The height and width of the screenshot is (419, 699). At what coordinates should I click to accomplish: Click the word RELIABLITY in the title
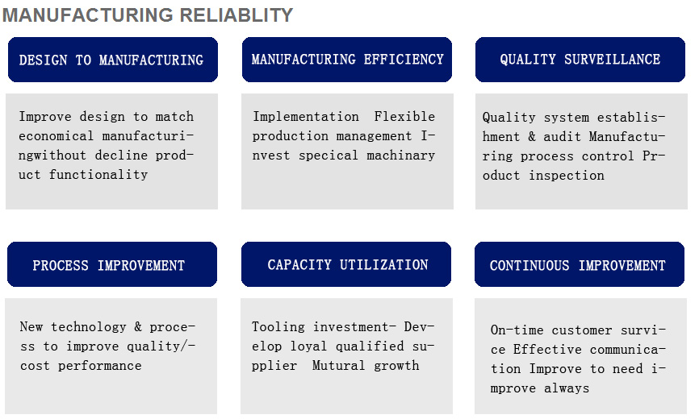coord(236,15)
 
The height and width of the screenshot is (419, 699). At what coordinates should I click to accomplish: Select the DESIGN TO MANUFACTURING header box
coord(113,60)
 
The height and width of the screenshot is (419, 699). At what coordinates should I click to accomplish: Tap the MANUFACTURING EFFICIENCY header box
coord(347,60)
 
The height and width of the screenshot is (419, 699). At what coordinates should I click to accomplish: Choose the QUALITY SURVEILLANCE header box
coord(580,60)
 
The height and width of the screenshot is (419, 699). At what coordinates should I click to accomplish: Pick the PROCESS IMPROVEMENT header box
coord(112,264)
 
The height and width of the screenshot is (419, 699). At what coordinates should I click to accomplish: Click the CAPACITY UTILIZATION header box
coord(346,264)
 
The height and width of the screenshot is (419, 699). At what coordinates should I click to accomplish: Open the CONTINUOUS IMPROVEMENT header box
coord(579,264)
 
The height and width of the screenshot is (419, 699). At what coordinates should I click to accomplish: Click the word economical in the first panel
coord(57,135)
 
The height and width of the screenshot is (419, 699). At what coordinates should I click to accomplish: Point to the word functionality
coord(98,174)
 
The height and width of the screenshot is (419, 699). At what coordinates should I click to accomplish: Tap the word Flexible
coord(404,116)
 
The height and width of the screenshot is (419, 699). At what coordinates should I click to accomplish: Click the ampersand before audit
coord(531,136)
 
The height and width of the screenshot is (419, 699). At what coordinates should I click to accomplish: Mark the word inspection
coord(567,175)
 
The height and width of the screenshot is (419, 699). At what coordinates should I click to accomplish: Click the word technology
coord(88,327)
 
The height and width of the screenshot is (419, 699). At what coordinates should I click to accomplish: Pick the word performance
coord(100,366)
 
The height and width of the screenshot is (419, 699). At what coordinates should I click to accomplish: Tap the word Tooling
coord(278,327)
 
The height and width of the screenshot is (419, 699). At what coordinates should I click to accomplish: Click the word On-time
coord(517,330)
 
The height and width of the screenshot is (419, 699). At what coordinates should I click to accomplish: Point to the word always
coord(567,388)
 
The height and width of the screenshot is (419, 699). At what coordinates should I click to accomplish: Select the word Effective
coord(547,349)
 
